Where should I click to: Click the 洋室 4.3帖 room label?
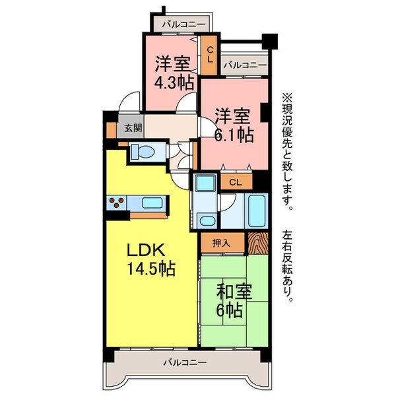[x=173, y=73]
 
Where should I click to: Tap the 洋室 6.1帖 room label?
[x=234, y=125]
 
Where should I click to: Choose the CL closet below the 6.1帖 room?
[x=236, y=181]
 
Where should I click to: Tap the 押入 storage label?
[x=222, y=243]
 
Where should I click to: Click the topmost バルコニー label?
[x=181, y=24]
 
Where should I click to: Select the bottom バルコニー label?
[x=185, y=362]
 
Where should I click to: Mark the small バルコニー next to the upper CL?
[x=244, y=65]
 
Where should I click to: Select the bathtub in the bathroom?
[x=255, y=210]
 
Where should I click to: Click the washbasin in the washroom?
[x=207, y=220]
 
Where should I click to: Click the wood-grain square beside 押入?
[x=258, y=243]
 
